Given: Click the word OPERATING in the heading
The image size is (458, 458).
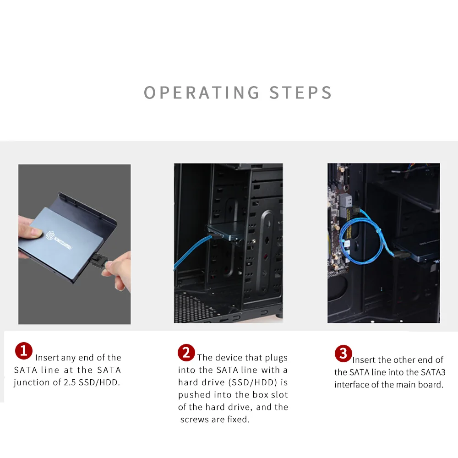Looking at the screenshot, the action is point(201,93).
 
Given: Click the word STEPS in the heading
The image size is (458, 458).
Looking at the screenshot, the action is point(300,93).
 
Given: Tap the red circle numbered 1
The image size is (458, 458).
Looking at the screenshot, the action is point(24,351).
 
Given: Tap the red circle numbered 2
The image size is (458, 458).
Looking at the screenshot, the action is point(186,353).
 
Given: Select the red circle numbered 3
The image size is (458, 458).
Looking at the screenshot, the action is point(343,354).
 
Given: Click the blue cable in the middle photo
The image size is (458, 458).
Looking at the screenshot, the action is point(191,253).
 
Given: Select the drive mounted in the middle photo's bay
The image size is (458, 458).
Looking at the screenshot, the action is point(228,234).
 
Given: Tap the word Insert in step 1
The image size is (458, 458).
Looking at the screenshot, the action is point(47,358).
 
